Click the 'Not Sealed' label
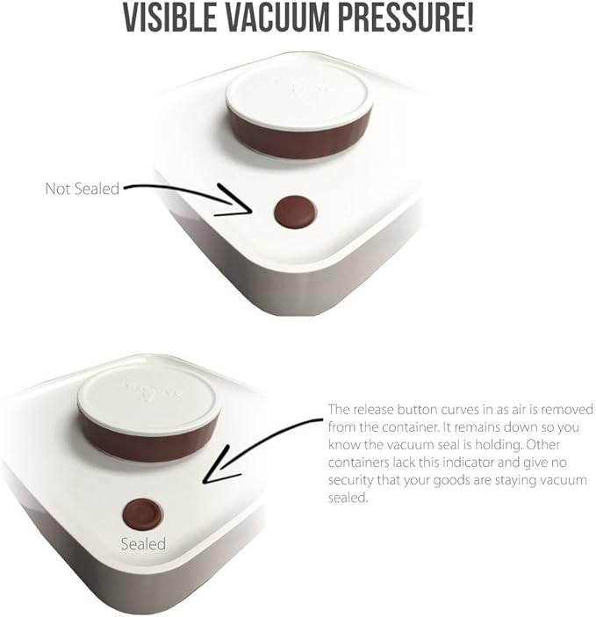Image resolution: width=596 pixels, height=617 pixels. [x=83, y=189]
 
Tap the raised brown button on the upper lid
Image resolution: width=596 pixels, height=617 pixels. [x=295, y=212]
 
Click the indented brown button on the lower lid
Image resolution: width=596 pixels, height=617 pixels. [x=143, y=515]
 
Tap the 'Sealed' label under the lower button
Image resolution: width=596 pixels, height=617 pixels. [x=143, y=544]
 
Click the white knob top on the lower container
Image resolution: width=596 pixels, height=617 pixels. [x=147, y=398]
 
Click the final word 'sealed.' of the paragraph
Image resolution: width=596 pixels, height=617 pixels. [x=348, y=498]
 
